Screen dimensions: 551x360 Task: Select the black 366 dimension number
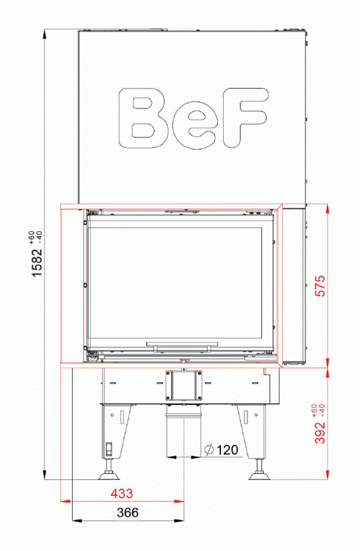pyautogui.click(x=127, y=512)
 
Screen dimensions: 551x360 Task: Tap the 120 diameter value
pyautogui.click(x=227, y=450)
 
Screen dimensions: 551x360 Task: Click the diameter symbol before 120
pyautogui.click(x=208, y=450)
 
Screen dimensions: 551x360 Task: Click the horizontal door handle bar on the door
pyautogui.click(x=182, y=344)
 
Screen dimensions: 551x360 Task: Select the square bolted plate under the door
pyautogui.click(x=183, y=385)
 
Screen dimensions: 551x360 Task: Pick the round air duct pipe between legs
pyautogui.click(x=183, y=435)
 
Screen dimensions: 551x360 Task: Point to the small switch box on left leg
pyautogui.click(x=107, y=449)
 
